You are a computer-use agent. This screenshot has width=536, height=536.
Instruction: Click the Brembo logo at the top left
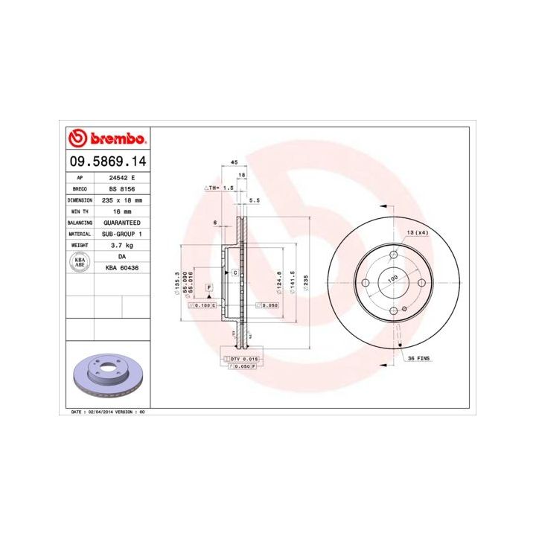pos(106,138)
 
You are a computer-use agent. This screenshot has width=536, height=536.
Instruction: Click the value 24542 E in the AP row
pos(121,178)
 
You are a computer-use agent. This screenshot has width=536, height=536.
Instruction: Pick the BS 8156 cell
pos(121,189)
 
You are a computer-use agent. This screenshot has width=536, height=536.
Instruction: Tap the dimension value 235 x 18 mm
pos(121,200)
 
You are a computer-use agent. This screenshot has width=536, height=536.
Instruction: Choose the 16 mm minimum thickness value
pos(121,211)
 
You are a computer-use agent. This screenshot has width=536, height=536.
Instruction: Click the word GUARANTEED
pos(121,223)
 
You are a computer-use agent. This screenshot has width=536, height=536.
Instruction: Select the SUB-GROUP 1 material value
pos(121,234)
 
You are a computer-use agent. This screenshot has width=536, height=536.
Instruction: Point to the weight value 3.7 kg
pos(121,245)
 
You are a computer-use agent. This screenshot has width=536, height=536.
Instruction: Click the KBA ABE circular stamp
pos(80,261)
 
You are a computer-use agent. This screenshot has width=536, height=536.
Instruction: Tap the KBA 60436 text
pos(121,267)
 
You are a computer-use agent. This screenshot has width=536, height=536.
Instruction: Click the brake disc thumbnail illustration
pos(106,374)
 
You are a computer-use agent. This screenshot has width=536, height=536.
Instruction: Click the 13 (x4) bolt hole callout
pos(417,233)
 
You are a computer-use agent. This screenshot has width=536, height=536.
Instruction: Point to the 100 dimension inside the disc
pos(392,277)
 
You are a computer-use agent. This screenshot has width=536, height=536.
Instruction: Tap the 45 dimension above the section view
pos(234,162)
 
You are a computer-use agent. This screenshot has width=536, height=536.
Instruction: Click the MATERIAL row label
pos(79,234)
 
